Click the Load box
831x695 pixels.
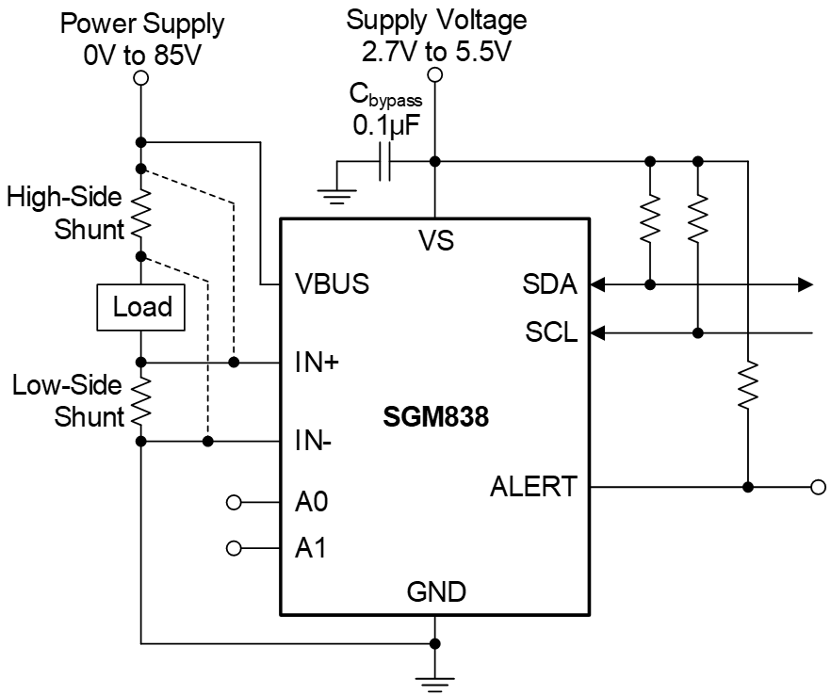pyautogui.click(x=142, y=307)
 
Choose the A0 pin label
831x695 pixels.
pyautogui.click(x=311, y=501)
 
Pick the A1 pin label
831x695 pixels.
pyautogui.click(x=311, y=547)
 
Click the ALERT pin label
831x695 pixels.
pyautogui.click(x=533, y=487)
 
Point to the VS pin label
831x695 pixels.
pyautogui.click(x=435, y=240)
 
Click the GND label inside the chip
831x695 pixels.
pyautogui.click(x=435, y=592)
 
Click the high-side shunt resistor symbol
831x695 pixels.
pyautogui.click(x=141, y=213)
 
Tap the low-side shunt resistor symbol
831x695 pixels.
pyautogui.click(x=141, y=401)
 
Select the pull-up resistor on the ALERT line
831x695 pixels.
pyautogui.click(x=747, y=386)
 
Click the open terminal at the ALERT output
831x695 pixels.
pyautogui.click(x=818, y=487)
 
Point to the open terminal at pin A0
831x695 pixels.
pyautogui.click(x=235, y=501)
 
